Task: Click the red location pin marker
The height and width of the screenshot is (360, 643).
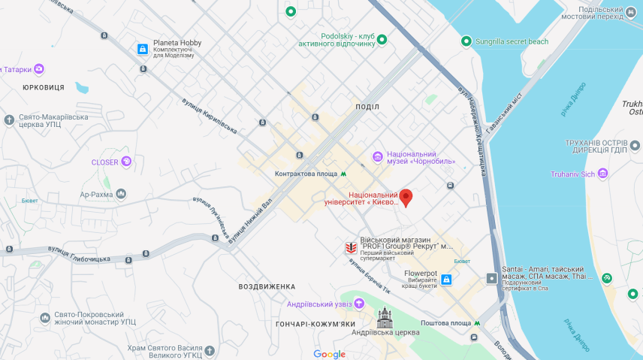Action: pos(406,197)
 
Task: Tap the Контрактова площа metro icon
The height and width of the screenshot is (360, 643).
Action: pos(343,174)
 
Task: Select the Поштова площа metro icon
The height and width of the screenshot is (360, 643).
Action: pos(477,323)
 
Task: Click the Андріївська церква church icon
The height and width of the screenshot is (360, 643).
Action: pos(385,316)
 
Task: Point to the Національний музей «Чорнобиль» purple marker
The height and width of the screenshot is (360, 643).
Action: pos(378,156)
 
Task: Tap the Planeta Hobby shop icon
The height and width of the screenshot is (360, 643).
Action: pos(143,49)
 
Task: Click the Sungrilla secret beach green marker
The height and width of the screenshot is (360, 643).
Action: pos(466,41)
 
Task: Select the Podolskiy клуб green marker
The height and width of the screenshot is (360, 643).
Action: pos(382,39)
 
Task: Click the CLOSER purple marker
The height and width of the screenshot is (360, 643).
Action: pos(126,161)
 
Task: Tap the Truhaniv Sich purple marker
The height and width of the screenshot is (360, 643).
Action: pos(602,174)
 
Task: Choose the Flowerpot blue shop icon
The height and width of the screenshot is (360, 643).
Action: pos(446,280)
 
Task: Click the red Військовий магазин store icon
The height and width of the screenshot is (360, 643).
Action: pos(350,247)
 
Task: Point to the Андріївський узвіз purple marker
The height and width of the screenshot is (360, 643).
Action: pos(359,304)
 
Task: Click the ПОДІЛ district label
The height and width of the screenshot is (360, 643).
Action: pos(367,107)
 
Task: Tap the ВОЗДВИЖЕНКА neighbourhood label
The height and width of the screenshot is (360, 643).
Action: pos(267,286)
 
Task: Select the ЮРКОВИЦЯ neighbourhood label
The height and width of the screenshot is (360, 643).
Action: pos(44,87)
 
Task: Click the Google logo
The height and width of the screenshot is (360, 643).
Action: pos(330,354)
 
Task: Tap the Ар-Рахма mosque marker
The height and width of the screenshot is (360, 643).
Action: pos(121,194)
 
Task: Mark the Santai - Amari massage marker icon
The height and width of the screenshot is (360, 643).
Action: pos(491,278)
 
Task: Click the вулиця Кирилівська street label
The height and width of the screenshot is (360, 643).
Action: pos(209,116)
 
